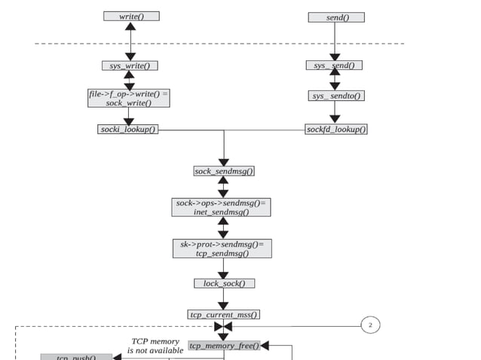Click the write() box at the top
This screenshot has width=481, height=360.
[x=131, y=16]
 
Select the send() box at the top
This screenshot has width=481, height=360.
[x=335, y=17]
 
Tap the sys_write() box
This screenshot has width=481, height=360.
[x=130, y=66]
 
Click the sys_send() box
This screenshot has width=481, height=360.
[x=334, y=66]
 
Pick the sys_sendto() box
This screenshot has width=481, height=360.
[x=336, y=96]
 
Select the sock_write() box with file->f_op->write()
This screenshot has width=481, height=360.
[x=129, y=98]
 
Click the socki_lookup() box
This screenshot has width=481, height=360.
[x=128, y=130]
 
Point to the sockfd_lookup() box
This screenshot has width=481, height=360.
[x=336, y=130]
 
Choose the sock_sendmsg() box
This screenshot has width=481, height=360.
[x=224, y=171]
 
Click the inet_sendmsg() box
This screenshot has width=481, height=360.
[x=222, y=207]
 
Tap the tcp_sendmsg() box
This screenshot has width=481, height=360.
[x=222, y=249]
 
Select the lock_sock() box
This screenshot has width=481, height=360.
[x=224, y=283]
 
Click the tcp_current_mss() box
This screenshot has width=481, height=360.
[x=223, y=314]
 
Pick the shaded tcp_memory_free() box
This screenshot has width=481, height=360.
[x=224, y=346]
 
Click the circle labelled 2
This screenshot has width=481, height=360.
[x=370, y=325]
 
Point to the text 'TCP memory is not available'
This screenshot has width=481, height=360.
[x=155, y=346]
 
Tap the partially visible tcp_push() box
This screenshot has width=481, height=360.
[x=76, y=356]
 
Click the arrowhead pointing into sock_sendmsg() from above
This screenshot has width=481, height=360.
[x=223, y=161]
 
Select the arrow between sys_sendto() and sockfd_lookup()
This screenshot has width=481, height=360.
[x=335, y=112]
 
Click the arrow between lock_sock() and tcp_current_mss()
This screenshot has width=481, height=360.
[x=223, y=299]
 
